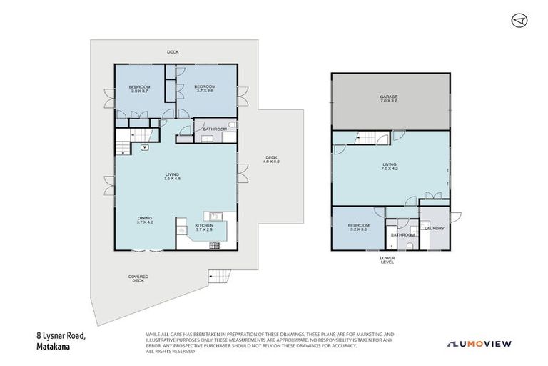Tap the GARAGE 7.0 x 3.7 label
(x=390, y=99)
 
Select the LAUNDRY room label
(x=435, y=229)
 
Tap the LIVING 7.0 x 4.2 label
(x=390, y=167)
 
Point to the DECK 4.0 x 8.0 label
(x=272, y=160)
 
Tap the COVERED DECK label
(x=138, y=280)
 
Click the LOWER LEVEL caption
(x=387, y=259)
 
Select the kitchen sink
(x=215, y=216)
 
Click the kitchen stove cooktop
(x=213, y=246)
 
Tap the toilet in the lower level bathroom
(x=409, y=244)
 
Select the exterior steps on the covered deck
(x=217, y=277)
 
